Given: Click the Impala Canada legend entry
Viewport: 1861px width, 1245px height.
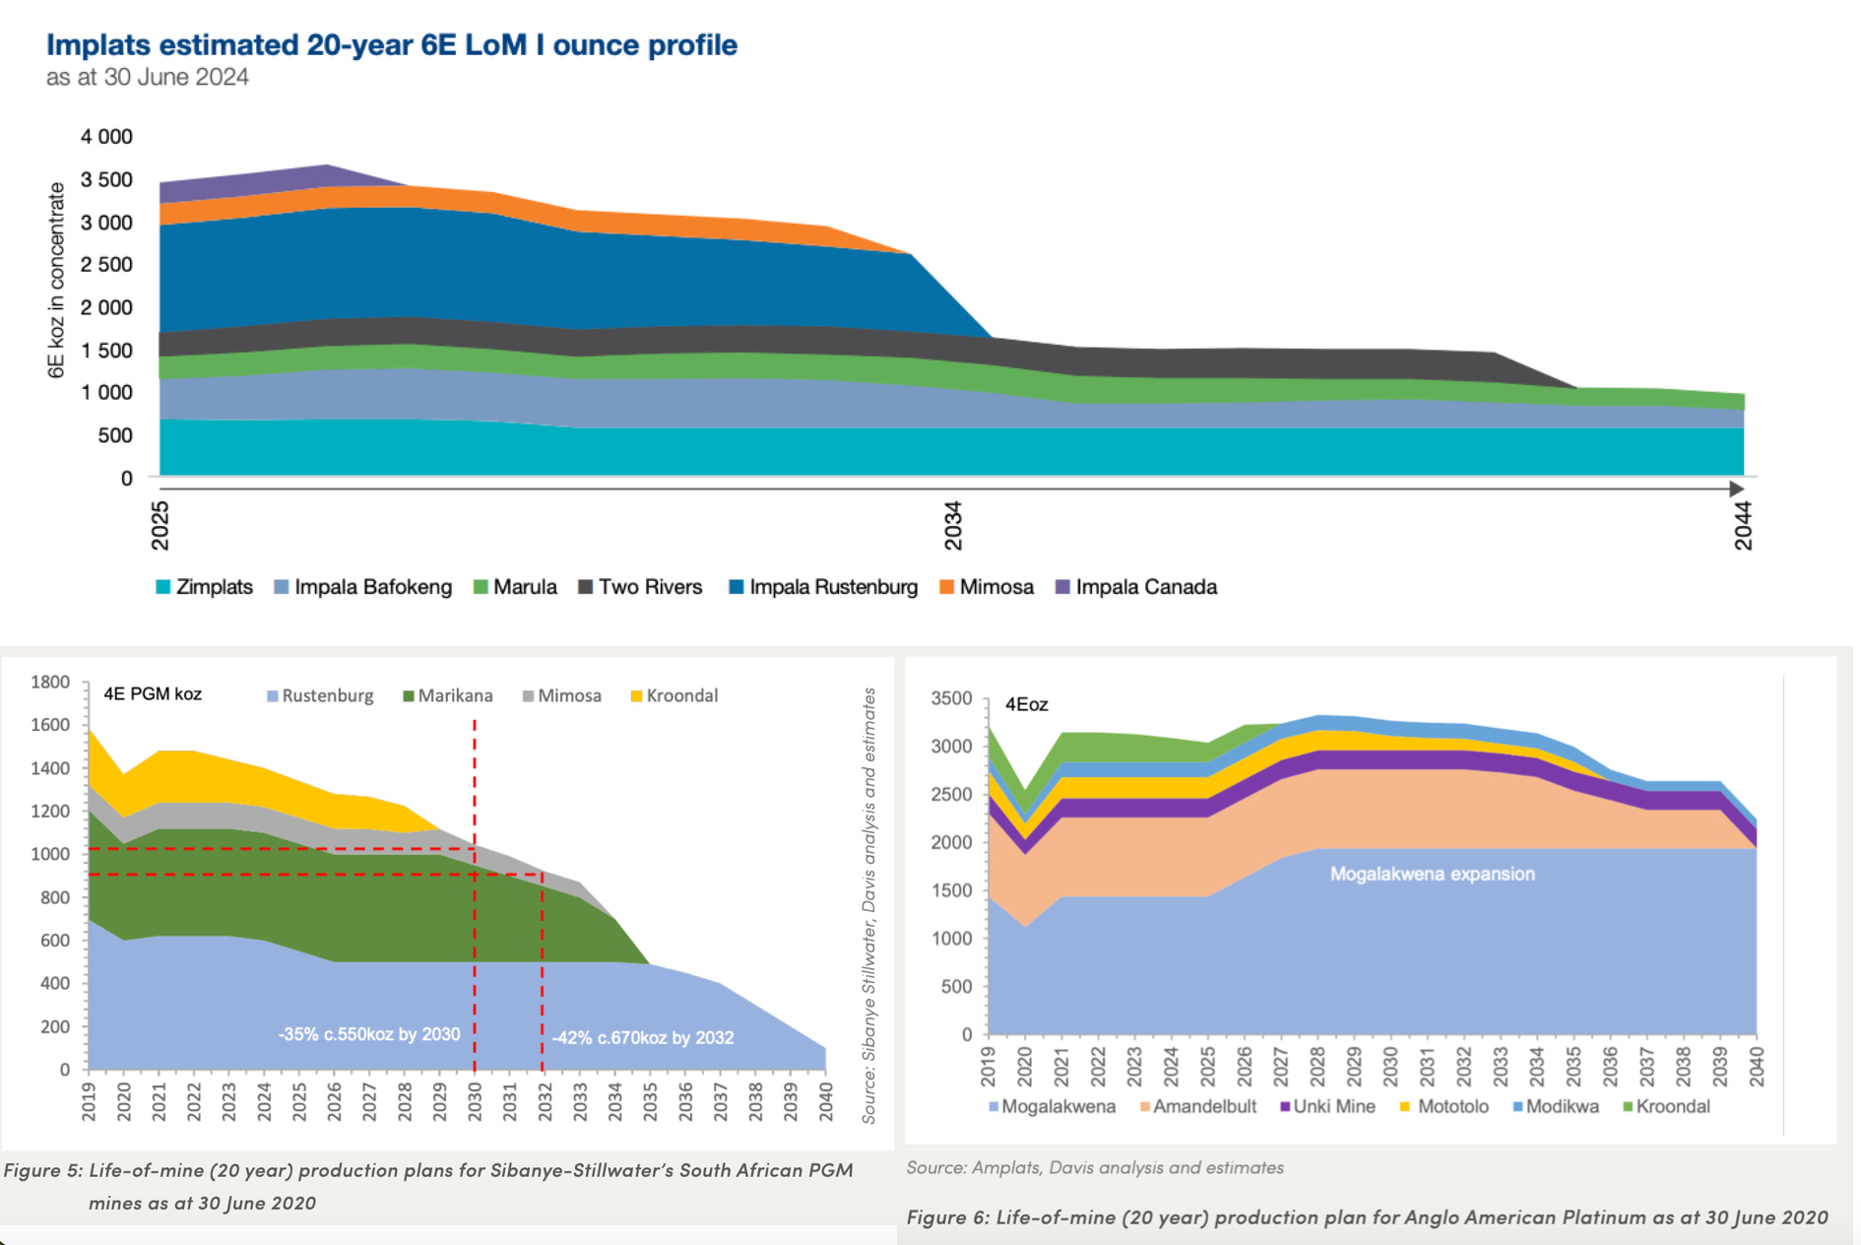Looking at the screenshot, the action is pos(1136,587).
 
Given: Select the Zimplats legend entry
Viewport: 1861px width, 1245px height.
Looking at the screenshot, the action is pos(205,587).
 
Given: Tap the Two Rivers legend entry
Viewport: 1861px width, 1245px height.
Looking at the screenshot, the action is pos(640,587).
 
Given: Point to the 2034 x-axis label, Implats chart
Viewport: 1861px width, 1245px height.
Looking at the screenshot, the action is pos(953,525).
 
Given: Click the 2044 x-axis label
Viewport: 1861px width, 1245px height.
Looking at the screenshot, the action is pos(1743,525).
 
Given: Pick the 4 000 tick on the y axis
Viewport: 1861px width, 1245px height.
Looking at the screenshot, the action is pos(106,137).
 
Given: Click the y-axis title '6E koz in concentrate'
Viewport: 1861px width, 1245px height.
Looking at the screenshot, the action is pos(56,280).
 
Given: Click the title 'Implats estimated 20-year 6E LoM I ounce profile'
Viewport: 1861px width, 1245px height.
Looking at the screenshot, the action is pos(392,45).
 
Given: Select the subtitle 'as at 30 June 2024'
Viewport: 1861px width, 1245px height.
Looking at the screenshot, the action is pos(148,77).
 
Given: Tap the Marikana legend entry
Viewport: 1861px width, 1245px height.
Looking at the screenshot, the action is pos(448,695).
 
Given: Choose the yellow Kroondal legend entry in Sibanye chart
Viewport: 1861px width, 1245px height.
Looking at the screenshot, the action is pos(674,695).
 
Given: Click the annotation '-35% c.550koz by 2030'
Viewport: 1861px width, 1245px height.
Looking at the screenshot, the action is pos(369,1034).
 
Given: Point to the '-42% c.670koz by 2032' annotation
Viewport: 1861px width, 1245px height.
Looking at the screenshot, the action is pos(643,1037).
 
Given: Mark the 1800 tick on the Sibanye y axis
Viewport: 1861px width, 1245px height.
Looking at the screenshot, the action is pos(50,682).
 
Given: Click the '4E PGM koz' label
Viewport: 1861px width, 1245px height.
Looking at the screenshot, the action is pos(153,693).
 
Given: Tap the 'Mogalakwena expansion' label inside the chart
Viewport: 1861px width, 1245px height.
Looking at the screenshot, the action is pos(1433,874).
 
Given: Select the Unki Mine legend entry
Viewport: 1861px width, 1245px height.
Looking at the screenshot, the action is pos(1327,1106).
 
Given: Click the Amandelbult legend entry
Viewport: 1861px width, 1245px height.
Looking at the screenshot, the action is pos(1198,1106).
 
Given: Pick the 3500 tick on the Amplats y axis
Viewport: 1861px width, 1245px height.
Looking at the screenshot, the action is pos(951,698).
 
